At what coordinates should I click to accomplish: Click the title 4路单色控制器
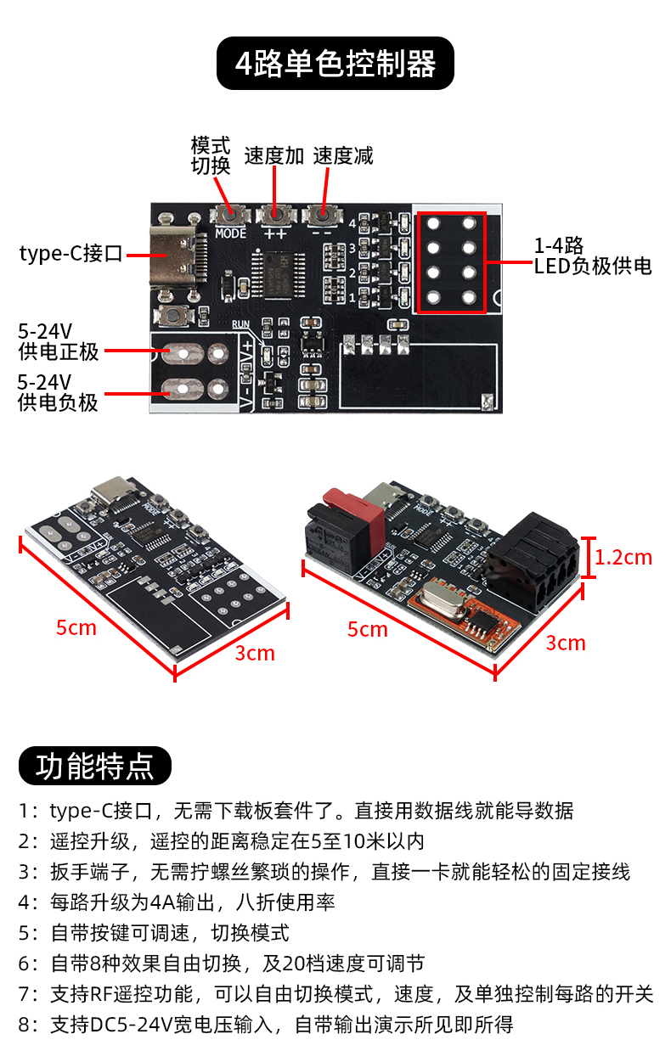335,64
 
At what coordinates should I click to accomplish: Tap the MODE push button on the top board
230,216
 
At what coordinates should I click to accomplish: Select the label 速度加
274,156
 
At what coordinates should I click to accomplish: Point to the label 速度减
343,156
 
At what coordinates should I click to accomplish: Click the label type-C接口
71,254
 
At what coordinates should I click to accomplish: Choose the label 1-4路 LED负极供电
593,256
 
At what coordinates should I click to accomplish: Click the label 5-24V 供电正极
59,342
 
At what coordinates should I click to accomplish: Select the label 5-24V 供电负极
58,392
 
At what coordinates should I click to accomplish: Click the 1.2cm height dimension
623,558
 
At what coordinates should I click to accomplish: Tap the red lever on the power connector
353,517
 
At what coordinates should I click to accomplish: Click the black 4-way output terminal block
533,562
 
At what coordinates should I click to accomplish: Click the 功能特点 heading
95,766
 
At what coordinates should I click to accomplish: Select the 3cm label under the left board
255,654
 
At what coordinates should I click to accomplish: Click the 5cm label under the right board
368,630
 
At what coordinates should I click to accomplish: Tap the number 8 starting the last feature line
24,1025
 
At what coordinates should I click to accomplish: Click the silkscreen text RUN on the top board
240,324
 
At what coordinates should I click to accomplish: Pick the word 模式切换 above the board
211,155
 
